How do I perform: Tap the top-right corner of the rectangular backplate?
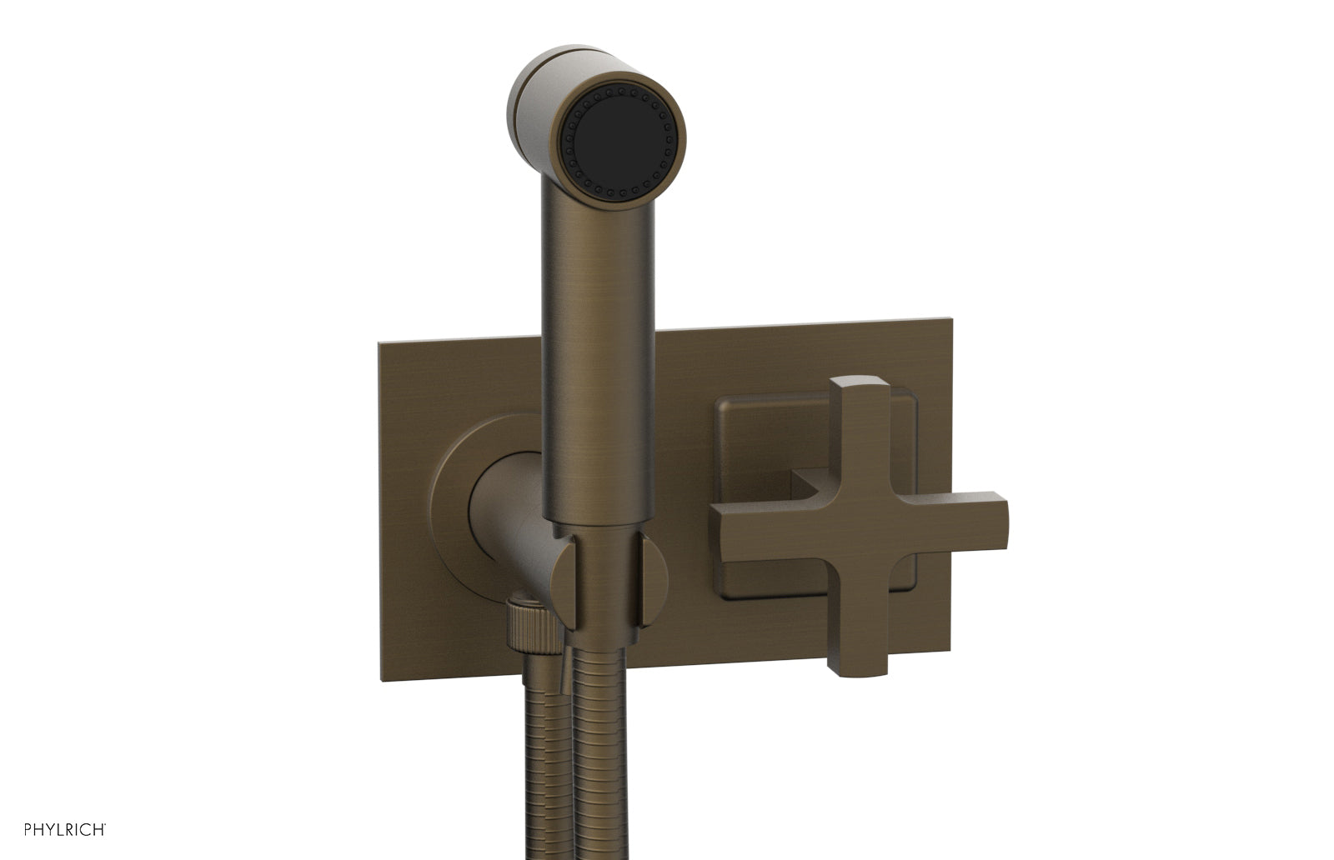(949, 318)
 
